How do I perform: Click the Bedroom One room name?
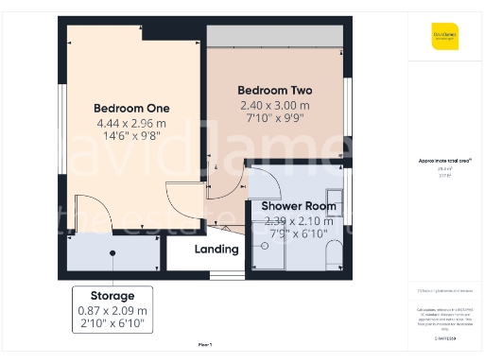[130, 108]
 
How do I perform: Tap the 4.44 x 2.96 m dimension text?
[130, 123]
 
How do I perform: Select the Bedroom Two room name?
[274, 91]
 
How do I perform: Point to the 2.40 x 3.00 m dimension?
[274, 105]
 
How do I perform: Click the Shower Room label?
[299, 205]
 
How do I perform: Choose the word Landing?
[216, 250]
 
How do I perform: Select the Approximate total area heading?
[443, 161]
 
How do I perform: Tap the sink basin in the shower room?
[334, 205]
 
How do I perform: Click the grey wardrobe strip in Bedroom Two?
[275, 36]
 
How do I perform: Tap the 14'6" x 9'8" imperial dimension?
[130, 137]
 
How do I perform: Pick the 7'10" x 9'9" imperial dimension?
[274, 119]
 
